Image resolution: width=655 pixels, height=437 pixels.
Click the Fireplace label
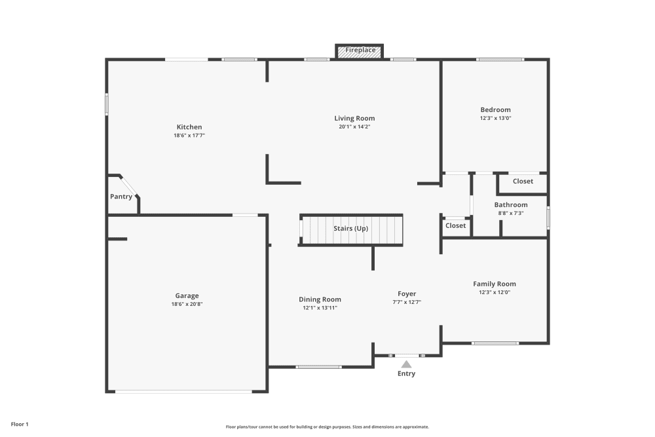(360, 50)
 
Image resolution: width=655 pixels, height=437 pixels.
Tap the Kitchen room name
(189, 127)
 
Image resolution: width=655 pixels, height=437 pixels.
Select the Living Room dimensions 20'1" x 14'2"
(354, 126)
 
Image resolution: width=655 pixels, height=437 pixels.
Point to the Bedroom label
(495, 110)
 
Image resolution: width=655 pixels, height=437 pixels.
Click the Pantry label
(121, 197)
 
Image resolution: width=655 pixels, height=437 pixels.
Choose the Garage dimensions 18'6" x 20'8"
(187, 304)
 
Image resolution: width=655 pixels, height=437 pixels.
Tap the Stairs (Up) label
(351, 229)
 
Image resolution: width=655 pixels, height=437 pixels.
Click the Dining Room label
(320, 299)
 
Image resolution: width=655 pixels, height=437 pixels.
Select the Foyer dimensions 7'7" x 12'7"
(407, 302)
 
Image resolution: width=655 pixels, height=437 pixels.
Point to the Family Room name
(495, 284)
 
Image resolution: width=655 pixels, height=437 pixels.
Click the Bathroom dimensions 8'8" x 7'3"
(511, 213)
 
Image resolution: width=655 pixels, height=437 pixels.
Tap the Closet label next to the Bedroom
(523, 181)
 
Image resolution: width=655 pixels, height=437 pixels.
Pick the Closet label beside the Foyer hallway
(455, 225)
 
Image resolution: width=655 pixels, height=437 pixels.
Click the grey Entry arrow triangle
(407, 365)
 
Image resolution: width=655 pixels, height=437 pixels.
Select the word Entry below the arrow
(407, 373)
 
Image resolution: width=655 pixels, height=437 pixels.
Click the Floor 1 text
(20, 425)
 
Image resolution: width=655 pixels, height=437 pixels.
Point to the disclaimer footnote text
(327, 427)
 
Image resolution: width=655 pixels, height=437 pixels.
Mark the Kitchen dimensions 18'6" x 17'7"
(189, 136)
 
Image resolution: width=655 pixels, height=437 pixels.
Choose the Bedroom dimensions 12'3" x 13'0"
(495, 118)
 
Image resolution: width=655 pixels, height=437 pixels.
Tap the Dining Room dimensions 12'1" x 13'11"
(320, 308)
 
